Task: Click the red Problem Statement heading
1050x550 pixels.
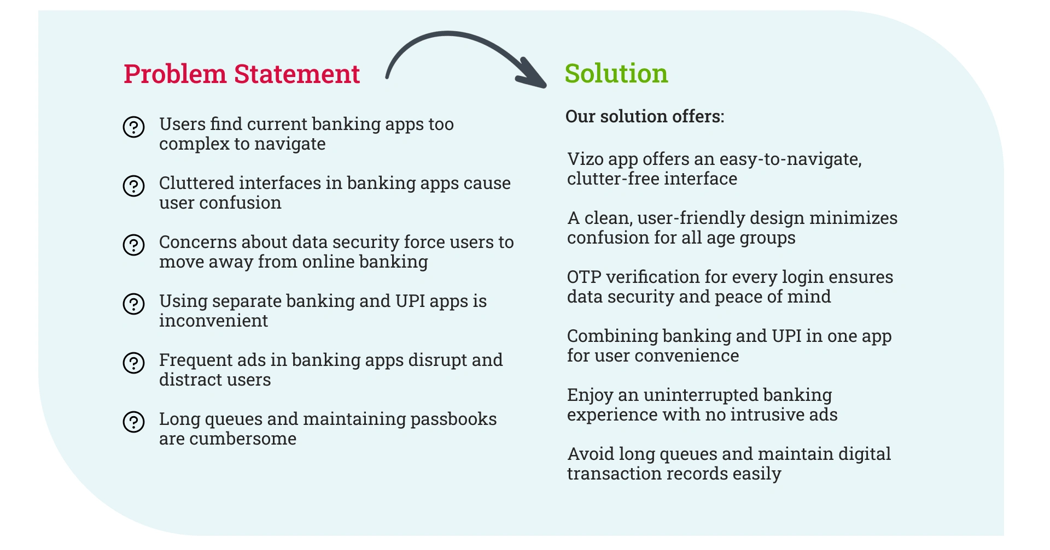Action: tap(242, 74)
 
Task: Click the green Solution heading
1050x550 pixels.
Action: tap(616, 73)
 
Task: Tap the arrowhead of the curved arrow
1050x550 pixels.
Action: tap(532, 74)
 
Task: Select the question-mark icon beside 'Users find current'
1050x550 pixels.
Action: tap(133, 127)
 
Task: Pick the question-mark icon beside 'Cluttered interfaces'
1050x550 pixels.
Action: tap(133, 186)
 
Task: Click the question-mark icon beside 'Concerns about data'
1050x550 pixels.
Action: tap(133, 245)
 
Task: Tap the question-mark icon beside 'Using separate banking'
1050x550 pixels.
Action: tap(133, 304)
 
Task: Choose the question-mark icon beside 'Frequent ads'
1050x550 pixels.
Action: tap(133, 363)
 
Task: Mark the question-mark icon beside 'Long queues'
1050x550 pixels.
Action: tap(133, 422)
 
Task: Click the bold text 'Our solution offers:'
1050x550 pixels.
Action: tap(645, 116)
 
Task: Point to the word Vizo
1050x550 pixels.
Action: tap(585, 159)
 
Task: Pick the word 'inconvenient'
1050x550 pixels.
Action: tap(214, 321)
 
